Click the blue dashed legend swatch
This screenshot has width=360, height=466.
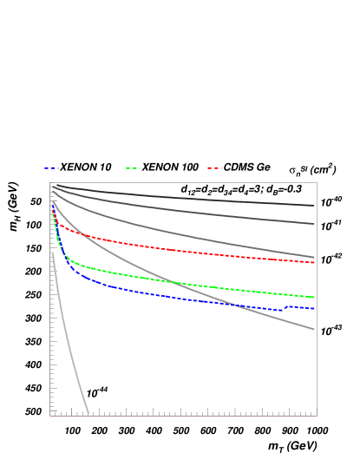[x=51, y=167]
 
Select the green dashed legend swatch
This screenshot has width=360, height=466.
[x=133, y=167]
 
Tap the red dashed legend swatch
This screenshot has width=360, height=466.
[x=214, y=167]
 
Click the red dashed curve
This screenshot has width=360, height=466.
[x=173, y=250]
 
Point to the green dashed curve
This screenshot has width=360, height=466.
[x=173, y=281]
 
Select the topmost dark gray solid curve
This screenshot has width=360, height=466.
[x=173, y=195]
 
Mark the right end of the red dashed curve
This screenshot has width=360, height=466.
[x=314, y=262]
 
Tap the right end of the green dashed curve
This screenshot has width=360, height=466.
[x=314, y=297]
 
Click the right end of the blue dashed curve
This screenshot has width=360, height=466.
[x=314, y=308]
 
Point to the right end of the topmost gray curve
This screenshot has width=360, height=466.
[x=314, y=206]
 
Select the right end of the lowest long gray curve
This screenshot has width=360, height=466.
[x=314, y=329]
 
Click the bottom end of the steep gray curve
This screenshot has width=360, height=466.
[x=88, y=413]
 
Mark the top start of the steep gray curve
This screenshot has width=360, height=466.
[x=53, y=254]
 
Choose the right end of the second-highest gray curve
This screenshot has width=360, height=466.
[x=314, y=224]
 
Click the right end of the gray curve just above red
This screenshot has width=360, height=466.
[x=314, y=258]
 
